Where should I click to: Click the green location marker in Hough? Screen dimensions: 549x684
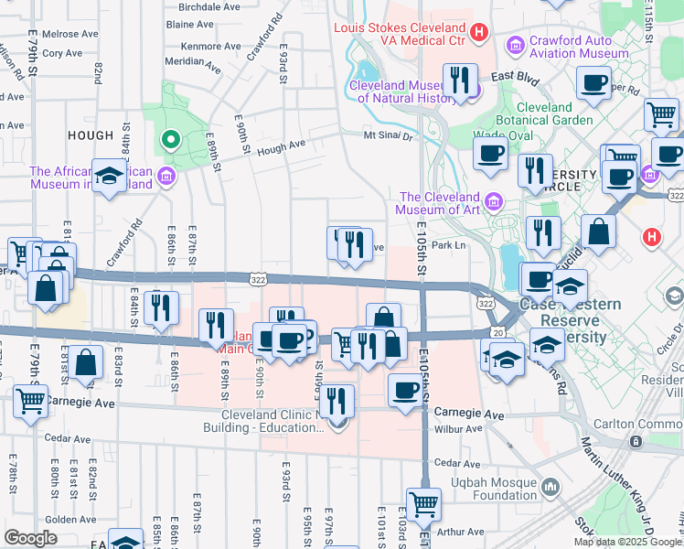(169, 140)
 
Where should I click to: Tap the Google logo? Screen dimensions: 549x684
(31, 538)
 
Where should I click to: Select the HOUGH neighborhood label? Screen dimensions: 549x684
(91, 135)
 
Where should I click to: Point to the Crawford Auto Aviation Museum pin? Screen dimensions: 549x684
(515, 44)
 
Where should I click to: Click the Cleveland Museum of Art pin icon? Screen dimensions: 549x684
(494, 200)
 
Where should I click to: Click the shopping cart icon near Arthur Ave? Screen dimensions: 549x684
(423, 502)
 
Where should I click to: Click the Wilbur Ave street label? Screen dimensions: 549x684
(459, 428)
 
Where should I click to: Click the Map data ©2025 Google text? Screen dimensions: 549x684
(627, 542)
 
